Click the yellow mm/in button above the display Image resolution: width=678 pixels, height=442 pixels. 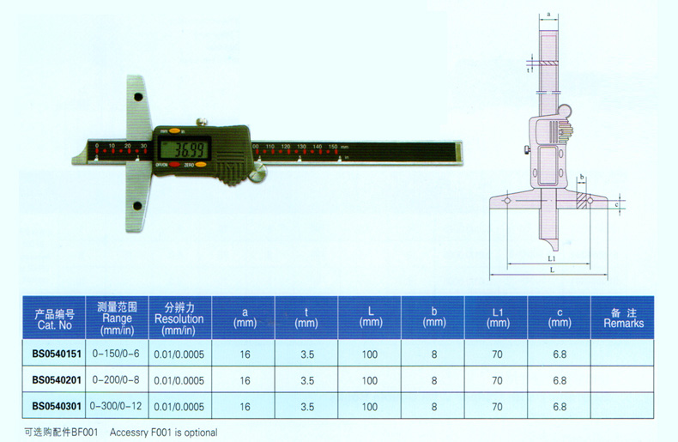tap(175, 130)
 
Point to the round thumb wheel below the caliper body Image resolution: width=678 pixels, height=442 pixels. tap(257, 177)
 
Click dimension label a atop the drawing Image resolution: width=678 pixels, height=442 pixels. tap(548, 15)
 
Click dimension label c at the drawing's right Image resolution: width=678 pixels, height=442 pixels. tap(618, 204)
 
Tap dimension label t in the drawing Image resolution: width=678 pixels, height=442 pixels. tap(529, 70)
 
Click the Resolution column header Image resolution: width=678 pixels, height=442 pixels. tap(179, 318)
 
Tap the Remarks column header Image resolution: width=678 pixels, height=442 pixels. tap(623, 318)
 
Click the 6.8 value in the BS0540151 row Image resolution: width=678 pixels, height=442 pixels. tap(560, 354)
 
